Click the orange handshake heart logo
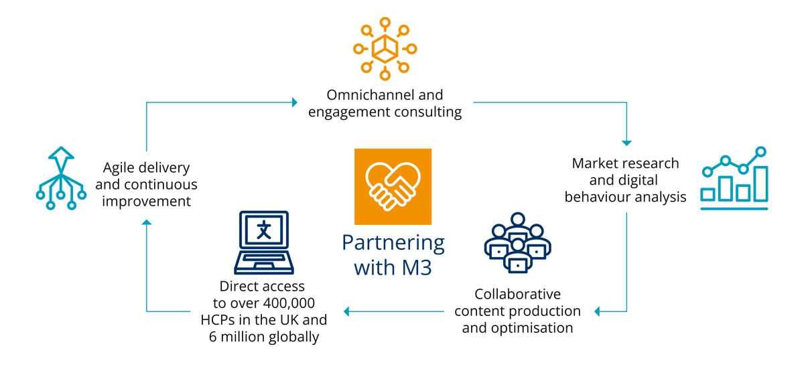coord(393,186)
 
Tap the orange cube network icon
coord(385,48)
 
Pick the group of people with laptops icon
coord(517,242)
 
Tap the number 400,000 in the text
coord(286,303)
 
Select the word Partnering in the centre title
coord(393,243)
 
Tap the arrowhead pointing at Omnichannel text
coord(294,102)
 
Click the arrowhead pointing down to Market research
coord(626,142)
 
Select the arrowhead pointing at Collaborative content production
coord(598,311)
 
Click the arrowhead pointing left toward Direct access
coord(346,311)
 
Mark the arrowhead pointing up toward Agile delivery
coord(147,222)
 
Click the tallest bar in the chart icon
coord(761,183)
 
